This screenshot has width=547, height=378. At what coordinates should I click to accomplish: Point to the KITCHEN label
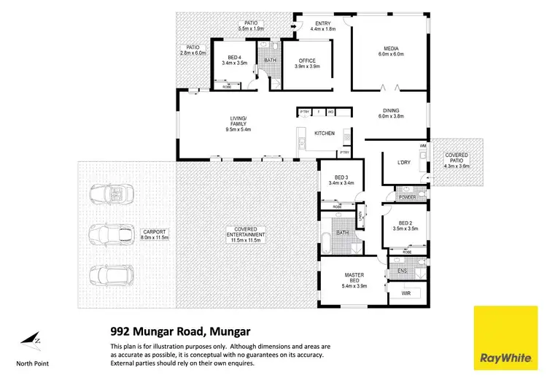[x=325, y=134]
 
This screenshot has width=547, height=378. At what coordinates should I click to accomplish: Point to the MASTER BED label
[x=353, y=278]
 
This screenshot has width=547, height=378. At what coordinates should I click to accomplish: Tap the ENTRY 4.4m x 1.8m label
[x=322, y=26]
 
